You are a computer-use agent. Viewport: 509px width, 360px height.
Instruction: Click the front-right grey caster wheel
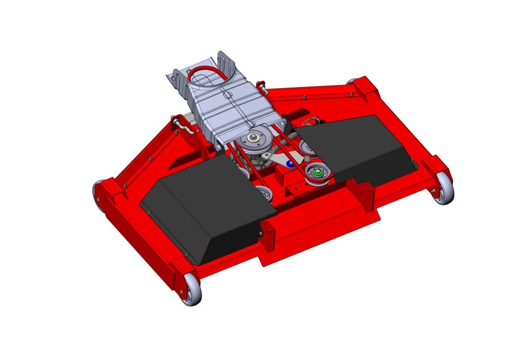pyautogui.click(x=443, y=189)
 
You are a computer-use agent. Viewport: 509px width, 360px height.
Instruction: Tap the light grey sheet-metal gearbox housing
pyautogui.click(x=224, y=107)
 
